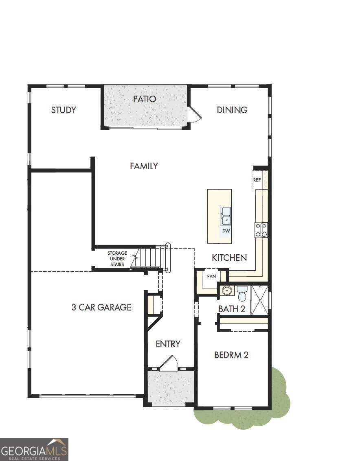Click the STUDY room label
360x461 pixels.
(64, 110)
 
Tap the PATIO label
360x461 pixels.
(145, 99)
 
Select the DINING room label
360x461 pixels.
(232, 110)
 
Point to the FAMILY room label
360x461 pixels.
(144, 166)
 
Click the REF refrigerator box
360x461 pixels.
(257, 179)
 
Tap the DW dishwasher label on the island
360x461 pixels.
(226, 231)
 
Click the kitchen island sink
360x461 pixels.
(226, 216)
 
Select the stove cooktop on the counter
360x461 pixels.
(261, 230)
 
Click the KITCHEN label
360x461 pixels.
(229, 258)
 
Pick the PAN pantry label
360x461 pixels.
(211, 276)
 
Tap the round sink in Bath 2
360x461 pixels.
(227, 291)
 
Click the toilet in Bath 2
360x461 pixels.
(242, 293)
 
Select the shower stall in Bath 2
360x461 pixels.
(260, 300)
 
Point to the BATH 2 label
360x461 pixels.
(232, 309)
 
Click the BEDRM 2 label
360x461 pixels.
(231, 355)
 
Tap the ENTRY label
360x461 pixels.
(168, 344)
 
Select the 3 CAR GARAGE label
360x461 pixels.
(101, 307)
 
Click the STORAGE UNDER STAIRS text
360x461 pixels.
(117, 259)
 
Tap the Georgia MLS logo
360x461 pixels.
(34, 449)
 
